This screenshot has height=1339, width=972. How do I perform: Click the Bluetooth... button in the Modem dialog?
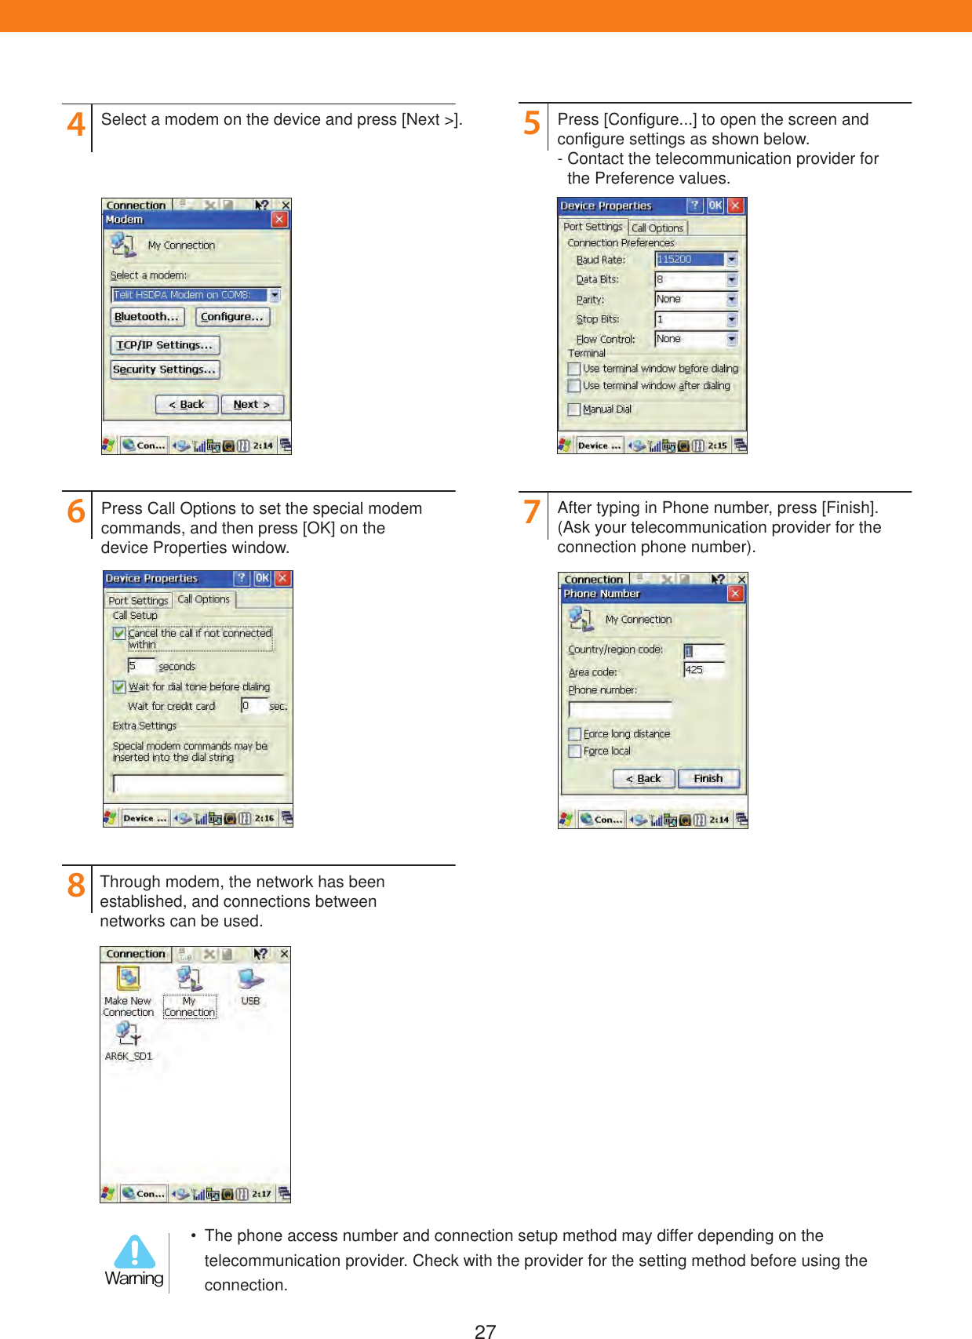pos(147,317)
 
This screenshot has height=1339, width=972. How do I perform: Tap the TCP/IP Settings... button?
pos(165,345)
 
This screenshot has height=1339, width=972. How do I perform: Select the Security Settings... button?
pos(165,369)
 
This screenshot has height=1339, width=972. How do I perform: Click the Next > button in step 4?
pos(252,405)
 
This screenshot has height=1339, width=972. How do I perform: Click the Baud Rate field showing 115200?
pos(690,260)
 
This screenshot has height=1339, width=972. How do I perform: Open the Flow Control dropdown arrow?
pos(731,340)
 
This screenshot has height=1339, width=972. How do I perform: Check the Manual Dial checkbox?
pos(574,409)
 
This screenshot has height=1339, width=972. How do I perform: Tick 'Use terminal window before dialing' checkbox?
pos(574,369)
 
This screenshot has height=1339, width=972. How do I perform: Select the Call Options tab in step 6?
pos(204,599)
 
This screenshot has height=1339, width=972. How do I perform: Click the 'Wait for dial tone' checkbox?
pos(119,687)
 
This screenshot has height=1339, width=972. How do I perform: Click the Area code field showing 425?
pos(703,670)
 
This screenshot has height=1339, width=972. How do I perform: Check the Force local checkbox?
pos(575,751)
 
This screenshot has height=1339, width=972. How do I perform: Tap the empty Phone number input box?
pos(620,710)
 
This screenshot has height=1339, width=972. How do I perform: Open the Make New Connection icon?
pos(128,980)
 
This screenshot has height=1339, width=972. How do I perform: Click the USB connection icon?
pos(250,980)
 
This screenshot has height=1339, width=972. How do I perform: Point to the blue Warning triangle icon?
pos(135,1253)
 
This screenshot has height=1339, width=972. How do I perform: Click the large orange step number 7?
pos(532,512)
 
